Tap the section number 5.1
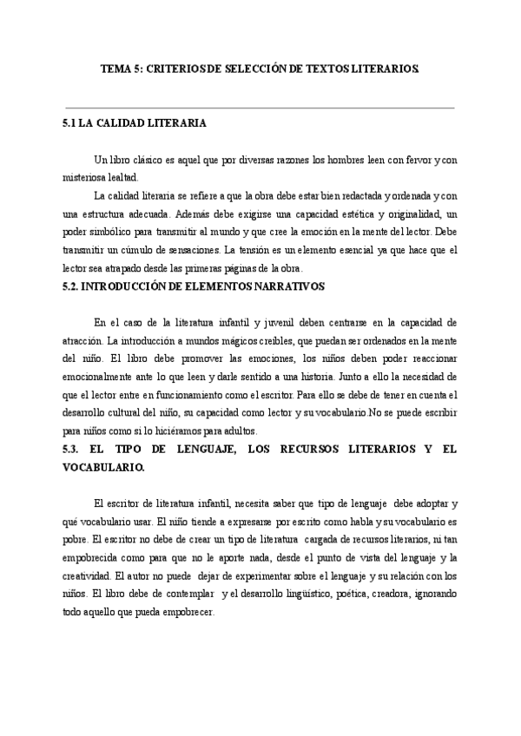coord(63,124)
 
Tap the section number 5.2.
coord(64,285)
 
